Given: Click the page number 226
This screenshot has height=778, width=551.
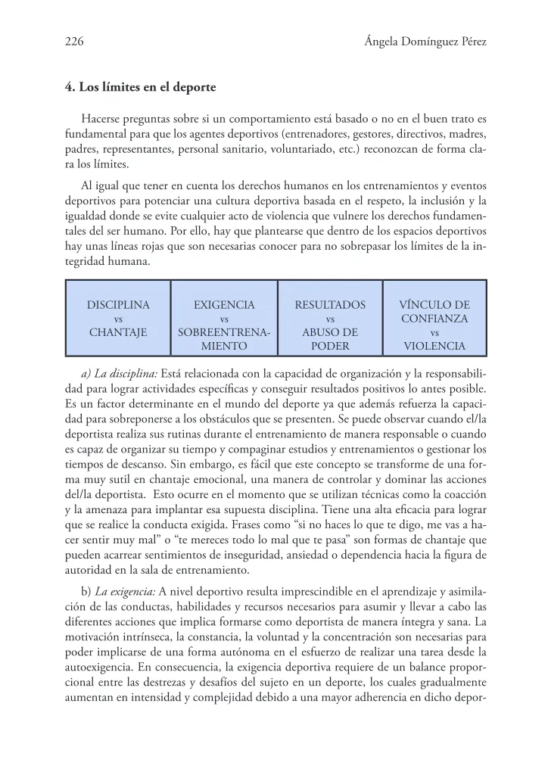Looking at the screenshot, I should coord(73,42).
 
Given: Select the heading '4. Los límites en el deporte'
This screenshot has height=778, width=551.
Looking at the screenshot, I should coord(141,88).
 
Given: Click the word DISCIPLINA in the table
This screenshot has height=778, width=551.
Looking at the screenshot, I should coord(118,305).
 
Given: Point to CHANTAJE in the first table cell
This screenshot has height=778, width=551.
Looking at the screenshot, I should coord(118,332).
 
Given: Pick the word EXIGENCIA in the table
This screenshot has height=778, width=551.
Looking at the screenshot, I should coord(224,305).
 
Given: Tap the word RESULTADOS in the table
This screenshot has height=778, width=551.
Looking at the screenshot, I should coord(330,305).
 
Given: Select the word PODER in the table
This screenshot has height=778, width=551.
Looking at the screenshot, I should coord(330,346).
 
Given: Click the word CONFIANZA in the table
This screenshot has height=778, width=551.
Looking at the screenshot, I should coord(434,319).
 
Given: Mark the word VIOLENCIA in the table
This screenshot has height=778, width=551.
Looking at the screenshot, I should coord(434,346).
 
